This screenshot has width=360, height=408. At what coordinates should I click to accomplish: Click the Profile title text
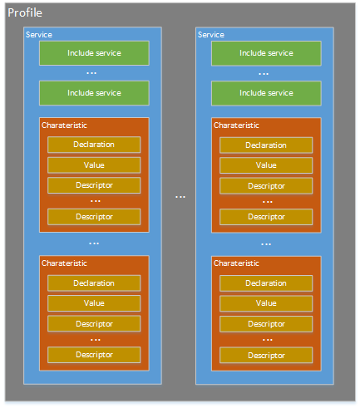(25, 12)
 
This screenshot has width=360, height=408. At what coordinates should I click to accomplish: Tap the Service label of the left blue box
(39, 35)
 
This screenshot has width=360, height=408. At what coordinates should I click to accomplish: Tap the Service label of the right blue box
(211, 35)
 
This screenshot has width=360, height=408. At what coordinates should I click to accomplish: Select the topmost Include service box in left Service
(94, 53)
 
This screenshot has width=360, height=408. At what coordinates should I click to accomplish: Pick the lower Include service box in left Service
(94, 93)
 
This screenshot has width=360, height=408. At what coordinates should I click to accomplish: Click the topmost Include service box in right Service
(266, 53)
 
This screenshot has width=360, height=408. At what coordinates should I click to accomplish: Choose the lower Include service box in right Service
(266, 93)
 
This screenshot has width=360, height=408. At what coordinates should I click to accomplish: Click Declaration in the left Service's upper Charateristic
(94, 145)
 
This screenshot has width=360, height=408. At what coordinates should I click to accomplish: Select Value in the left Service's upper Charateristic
(94, 165)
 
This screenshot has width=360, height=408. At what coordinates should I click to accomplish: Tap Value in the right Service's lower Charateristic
(266, 303)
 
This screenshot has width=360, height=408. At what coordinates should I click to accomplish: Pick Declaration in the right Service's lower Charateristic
(266, 283)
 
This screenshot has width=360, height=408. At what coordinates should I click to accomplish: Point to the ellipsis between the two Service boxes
(180, 197)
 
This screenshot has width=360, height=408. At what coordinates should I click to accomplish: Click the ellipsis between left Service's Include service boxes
(91, 73)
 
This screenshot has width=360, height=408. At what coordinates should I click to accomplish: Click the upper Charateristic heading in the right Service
(236, 125)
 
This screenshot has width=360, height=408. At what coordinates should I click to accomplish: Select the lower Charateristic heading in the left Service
(64, 263)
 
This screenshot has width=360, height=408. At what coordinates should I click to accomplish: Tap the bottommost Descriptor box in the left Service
(94, 355)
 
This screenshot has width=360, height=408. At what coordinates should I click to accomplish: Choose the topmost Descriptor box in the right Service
(266, 186)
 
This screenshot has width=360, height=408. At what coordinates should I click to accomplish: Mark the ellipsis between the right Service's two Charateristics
(266, 244)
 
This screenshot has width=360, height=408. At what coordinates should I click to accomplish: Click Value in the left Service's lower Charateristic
(94, 303)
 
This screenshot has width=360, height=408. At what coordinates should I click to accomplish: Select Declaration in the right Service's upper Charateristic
(266, 145)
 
